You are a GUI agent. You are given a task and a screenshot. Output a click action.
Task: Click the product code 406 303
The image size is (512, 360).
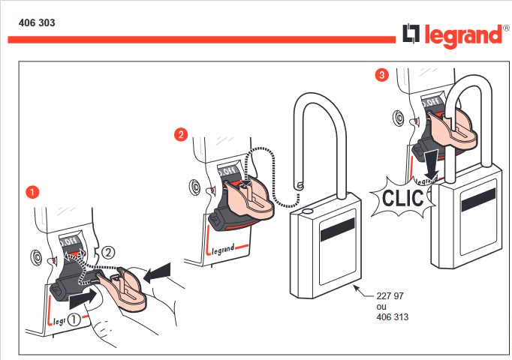click(x=37, y=22)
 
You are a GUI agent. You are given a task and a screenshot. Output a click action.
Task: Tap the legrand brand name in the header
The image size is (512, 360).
click(x=462, y=35)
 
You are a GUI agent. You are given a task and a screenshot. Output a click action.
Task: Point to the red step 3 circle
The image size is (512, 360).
click(x=382, y=75)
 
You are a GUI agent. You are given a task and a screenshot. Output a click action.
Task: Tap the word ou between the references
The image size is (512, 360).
click(x=381, y=307)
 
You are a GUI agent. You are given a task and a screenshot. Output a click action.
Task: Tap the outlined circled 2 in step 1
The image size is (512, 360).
click(x=110, y=252)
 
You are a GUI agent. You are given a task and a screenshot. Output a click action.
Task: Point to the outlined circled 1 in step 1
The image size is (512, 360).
click(x=74, y=318)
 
